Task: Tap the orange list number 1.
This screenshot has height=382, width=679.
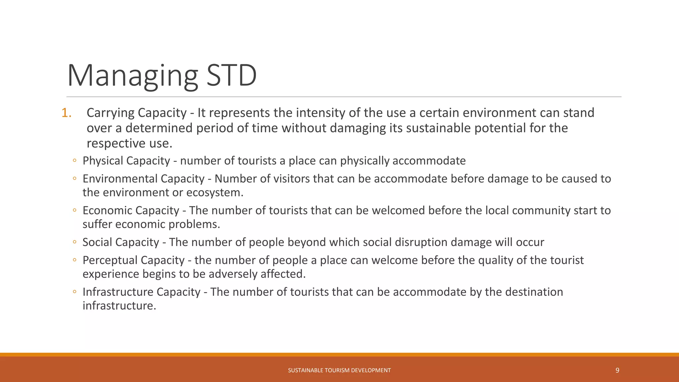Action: coord(66,113)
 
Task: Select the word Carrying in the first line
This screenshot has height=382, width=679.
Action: coord(110,113)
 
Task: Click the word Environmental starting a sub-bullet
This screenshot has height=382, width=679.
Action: coord(120,179)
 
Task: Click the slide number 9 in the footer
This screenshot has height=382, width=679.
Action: coord(617,370)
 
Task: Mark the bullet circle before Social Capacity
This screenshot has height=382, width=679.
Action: coord(75,242)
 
